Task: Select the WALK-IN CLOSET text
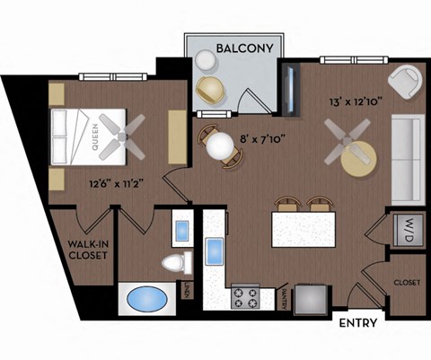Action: click(x=87, y=249)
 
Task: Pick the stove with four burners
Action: click(x=245, y=296)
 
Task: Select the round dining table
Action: click(x=218, y=147)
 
